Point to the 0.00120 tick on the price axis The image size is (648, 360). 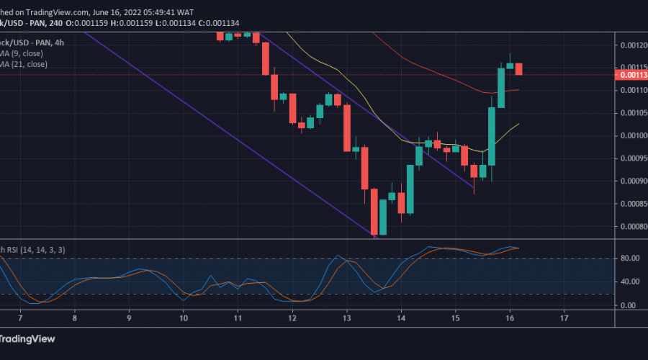tap(631, 45)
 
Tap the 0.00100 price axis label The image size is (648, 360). tap(631, 135)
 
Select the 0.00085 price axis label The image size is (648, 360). tap(631, 204)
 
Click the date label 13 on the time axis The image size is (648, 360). tap(347, 318)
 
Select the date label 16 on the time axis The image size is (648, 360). tap(510, 318)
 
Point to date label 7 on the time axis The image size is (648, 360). tap(20, 318)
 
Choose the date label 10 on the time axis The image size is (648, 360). tap(184, 318)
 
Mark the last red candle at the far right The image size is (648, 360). tap(518, 69)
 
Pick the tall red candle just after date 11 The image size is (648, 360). tap(265, 58)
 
